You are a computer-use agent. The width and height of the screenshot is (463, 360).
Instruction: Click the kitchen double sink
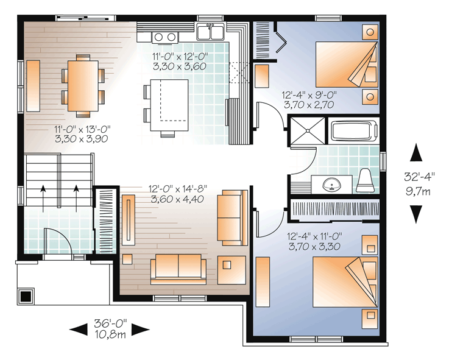click(211, 32)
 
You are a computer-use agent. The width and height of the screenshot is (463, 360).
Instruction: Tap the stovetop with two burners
click(165, 37)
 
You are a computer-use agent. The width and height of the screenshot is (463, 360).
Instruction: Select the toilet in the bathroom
click(366, 181)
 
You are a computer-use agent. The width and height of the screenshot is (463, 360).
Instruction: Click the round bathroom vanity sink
click(332, 185)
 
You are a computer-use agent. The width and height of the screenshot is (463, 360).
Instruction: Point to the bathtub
click(354, 130)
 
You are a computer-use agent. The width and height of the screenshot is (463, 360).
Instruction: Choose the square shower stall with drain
click(308, 130)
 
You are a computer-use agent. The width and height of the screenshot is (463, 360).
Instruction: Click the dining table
click(83, 86)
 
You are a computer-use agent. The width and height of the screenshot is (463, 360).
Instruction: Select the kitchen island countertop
click(169, 105)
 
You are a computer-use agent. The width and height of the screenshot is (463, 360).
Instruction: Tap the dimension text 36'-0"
click(110, 323)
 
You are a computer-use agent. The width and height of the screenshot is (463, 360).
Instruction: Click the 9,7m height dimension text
click(418, 191)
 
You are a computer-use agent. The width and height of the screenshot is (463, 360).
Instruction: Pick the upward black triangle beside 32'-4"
click(416, 152)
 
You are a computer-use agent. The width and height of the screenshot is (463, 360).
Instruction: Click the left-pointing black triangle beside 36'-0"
click(79, 330)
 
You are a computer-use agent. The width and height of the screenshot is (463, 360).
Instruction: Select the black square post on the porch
click(26, 296)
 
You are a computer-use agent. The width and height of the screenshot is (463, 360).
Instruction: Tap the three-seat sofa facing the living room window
click(178, 269)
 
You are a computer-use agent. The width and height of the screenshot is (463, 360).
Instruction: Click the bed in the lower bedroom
click(345, 282)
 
